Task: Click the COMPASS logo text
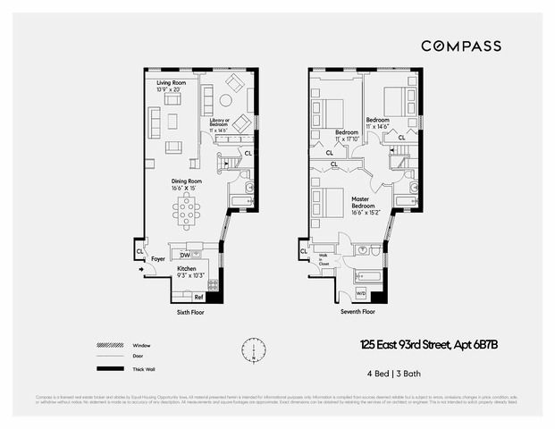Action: (x=460, y=46)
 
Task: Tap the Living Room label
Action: (x=170, y=86)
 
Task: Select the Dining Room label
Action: (x=187, y=183)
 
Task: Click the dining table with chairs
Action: (x=187, y=213)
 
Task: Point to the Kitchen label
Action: (x=187, y=271)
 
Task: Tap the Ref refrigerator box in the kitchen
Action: (x=198, y=296)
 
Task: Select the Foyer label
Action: (x=157, y=259)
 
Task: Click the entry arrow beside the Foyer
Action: (x=142, y=269)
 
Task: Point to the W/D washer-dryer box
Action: (x=361, y=293)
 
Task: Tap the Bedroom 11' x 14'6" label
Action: (x=377, y=122)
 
